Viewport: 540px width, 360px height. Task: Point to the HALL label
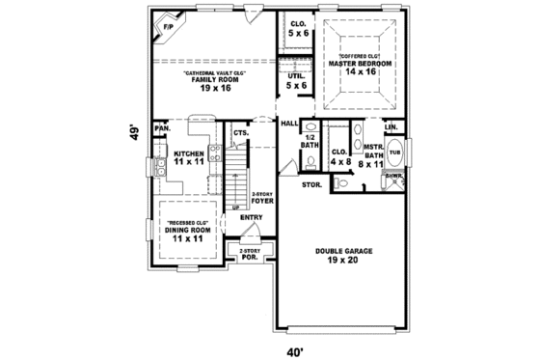point(288,124)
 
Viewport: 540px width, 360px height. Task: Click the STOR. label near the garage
point(311,183)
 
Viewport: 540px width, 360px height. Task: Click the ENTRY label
point(252,217)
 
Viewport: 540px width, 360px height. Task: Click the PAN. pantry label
point(162,128)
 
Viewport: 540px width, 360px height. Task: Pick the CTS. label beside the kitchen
point(240,132)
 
